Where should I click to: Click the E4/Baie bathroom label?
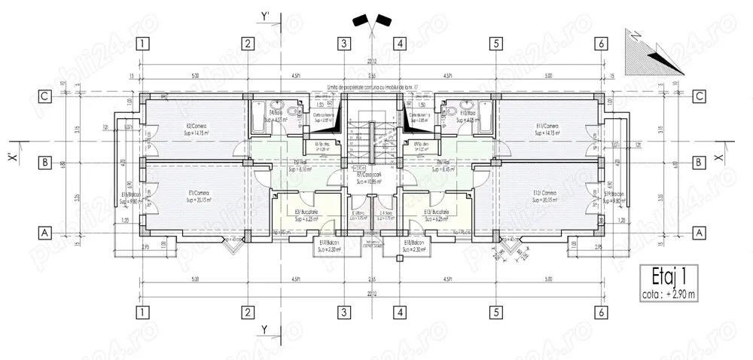point(278,115)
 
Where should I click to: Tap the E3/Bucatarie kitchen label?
point(307,213)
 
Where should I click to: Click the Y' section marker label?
point(265,15)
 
